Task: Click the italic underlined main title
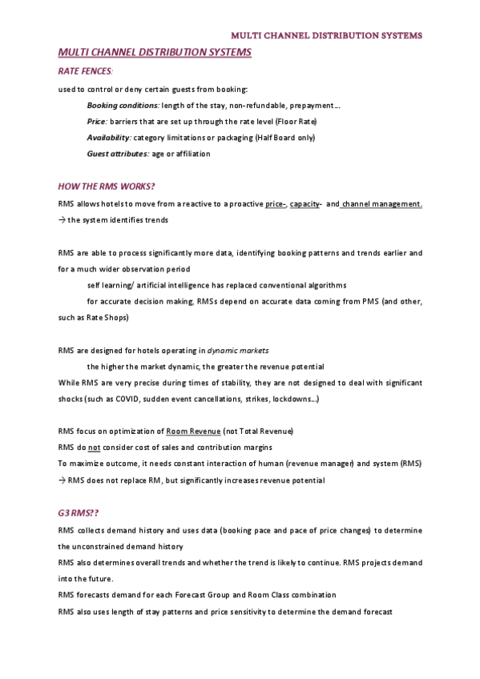155,52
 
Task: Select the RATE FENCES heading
85,72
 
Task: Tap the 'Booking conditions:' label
123,105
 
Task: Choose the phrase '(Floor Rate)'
296,121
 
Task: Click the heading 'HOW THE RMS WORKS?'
107,187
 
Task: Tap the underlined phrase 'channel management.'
382,203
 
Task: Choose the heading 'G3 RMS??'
76,513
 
